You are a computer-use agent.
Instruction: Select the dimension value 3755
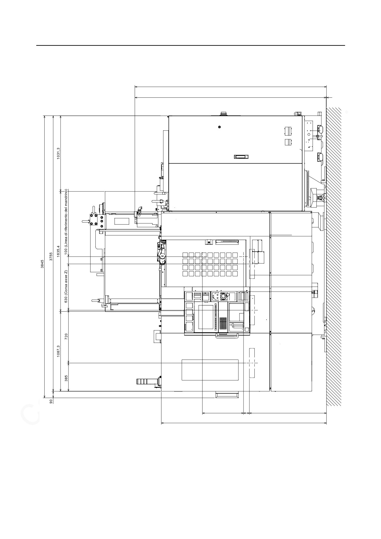(x=51, y=256)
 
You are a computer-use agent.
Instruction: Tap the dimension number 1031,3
(x=58, y=153)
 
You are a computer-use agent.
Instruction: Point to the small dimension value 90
(x=51, y=400)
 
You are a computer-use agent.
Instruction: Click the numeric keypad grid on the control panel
(x=223, y=322)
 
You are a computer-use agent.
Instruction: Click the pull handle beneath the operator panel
(x=227, y=336)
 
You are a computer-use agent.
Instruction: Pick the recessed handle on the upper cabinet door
(x=240, y=157)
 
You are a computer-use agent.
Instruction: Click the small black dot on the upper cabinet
(x=219, y=127)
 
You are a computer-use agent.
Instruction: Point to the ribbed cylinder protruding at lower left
(x=145, y=381)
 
